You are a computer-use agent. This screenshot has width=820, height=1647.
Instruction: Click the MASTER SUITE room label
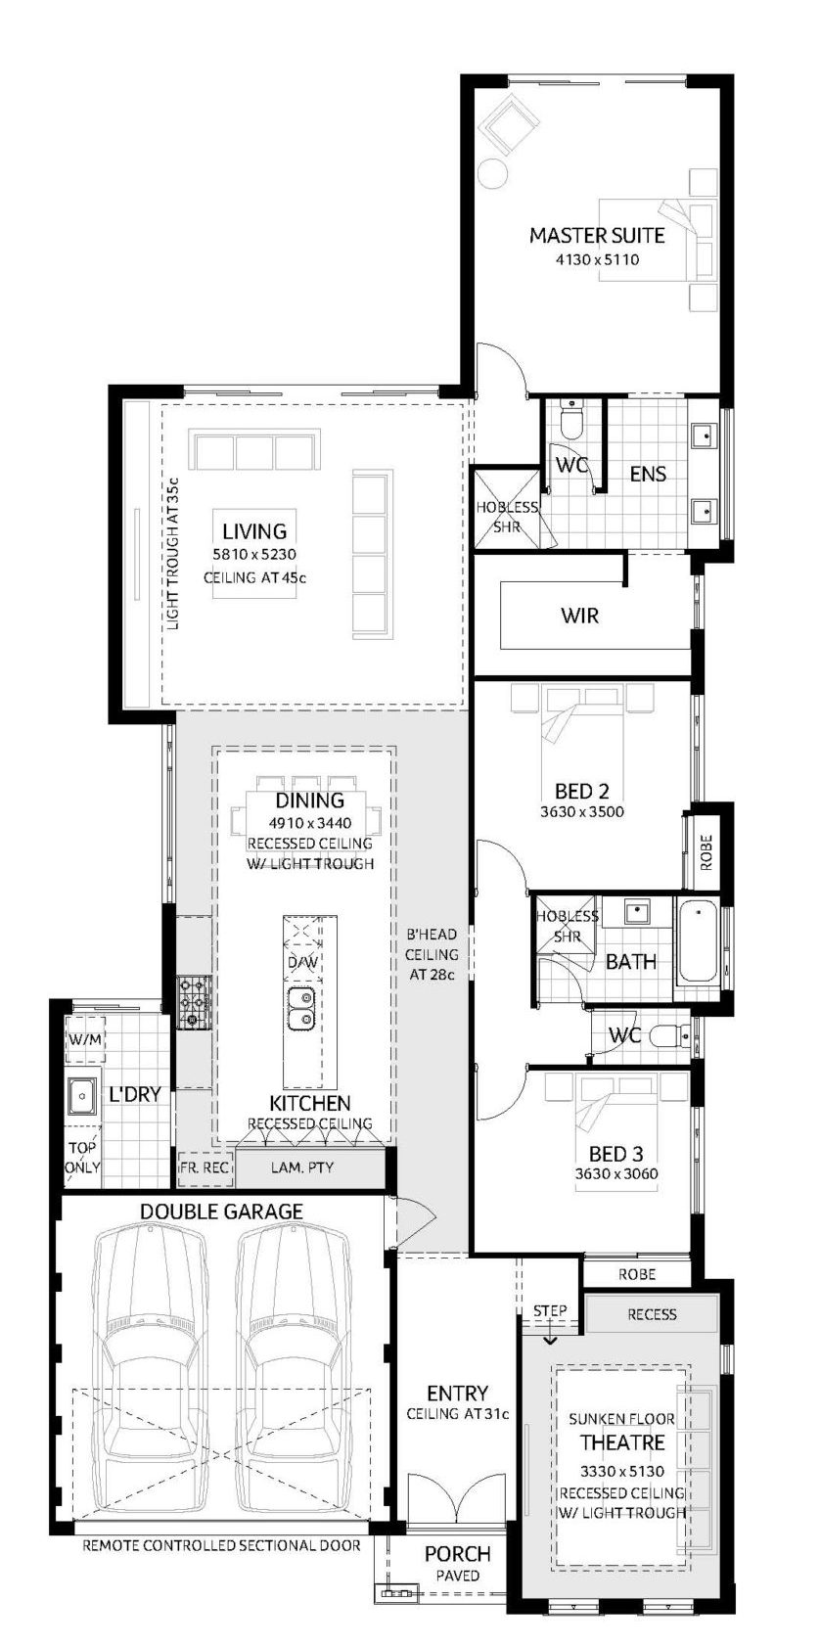pyautogui.click(x=596, y=235)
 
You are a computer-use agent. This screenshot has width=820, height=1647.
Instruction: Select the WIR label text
pyautogui.click(x=579, y=616)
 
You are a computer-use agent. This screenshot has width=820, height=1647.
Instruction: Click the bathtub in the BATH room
pyautogui.click(x=699, y=940)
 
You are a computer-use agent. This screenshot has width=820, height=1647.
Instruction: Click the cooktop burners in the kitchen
pyautogui.click(x=193, y=1002)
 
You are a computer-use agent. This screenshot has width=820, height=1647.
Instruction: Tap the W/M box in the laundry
pyautogui.click(x=85, y=1039)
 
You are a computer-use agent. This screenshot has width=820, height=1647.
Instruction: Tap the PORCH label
pyautogui.click(x=457, y=1554)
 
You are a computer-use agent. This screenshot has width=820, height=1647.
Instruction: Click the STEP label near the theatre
pyautogui.click(x=550, y=1310)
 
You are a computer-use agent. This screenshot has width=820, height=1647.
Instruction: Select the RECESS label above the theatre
pyautogui.click(x=652, y=1314)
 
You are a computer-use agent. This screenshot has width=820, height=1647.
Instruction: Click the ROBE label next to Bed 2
pyautogui.click(x=706, y=854)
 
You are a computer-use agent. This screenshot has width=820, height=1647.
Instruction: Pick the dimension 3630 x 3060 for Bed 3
pyautogui.click(x=615, y=1174)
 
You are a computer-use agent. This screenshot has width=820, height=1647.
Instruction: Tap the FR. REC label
pyautogui.click(x=205, y=1167)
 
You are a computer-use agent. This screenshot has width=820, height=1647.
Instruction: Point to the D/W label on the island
pyautogui.click(x=302, y=963)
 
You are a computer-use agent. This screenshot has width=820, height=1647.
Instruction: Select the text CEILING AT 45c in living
pyautogui.click(x=254, y=577)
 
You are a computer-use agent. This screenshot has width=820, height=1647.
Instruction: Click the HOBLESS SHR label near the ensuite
pyautogui.click(x=507, y=517)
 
